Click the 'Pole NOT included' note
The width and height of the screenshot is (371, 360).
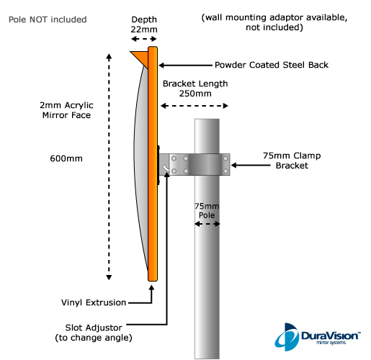point(48,19)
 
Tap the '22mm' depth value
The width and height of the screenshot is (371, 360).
point(144,30)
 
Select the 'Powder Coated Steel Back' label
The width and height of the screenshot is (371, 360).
point(272,65)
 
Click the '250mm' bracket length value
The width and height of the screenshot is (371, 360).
point(195,94)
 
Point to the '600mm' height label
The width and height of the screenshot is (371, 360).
point(66,158)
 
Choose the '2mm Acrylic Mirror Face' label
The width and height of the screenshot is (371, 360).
point(66,110)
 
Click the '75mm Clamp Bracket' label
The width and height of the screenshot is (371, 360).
point(292,161)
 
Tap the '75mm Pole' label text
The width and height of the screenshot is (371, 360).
point(207,210)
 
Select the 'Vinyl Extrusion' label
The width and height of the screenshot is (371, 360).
point(94,302)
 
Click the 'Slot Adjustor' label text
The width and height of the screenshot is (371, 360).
point(94,328)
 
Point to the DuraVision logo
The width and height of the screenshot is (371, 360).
point(318,337)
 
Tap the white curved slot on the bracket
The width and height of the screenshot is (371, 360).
point(166,168)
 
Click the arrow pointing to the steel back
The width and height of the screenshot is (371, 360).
point(185,65)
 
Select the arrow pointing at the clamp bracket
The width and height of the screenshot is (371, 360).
point(251,165)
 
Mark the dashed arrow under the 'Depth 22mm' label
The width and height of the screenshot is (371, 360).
point(144,39)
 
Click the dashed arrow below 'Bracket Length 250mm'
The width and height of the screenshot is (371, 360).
point(195,106)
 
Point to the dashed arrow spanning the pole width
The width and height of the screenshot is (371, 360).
point(207,224)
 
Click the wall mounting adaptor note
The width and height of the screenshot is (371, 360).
point(274,22)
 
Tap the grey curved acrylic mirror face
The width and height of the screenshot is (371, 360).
point(141,168)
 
